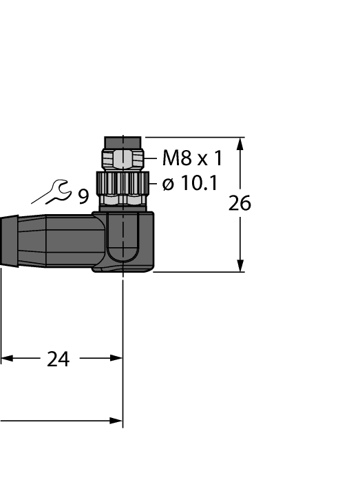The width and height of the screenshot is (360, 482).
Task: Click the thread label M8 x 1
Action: tap(192, 159)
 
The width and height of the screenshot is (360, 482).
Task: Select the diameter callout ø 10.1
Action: tap(189, 183)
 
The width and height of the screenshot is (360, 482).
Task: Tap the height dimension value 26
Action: tap(240, 204)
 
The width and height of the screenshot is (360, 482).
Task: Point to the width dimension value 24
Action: tap(58, 359)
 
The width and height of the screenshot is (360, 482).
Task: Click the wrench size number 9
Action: tap(83, 198)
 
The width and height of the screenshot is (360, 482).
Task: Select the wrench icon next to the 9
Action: tap(51, 193)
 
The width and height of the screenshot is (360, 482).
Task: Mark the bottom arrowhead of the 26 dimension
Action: tap(240, 266)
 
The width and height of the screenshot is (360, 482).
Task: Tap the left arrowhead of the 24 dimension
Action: tap(6, 359)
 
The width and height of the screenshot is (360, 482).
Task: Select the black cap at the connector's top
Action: tap(122, 143)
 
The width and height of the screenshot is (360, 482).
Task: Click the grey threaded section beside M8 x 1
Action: tap(122, 160)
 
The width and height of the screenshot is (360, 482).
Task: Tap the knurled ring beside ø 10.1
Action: tap(122, 182)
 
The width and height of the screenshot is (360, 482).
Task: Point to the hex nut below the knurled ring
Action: tap(122, 200)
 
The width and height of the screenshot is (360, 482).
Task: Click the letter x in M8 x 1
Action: tap(203, 160)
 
